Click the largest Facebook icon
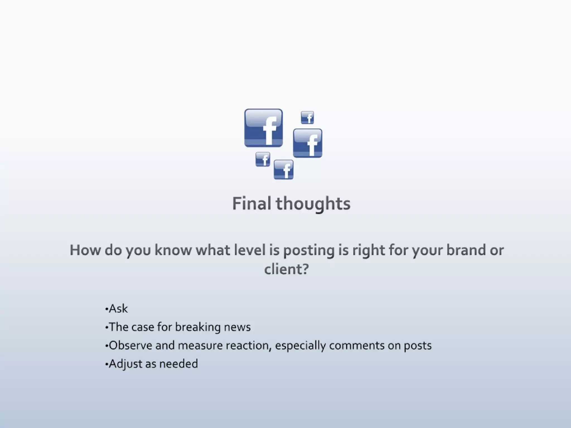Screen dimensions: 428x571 [263, 128]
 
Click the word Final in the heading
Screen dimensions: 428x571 [251, 203]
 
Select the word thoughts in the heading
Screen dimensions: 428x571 [313, 203]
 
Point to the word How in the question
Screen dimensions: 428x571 [85, 250]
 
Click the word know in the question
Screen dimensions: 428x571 [173, 250]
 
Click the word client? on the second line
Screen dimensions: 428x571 [286, 269]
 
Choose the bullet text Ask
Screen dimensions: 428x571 [118, 309]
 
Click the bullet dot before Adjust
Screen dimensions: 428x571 [107, 364]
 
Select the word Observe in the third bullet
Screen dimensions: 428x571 [130, 346]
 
